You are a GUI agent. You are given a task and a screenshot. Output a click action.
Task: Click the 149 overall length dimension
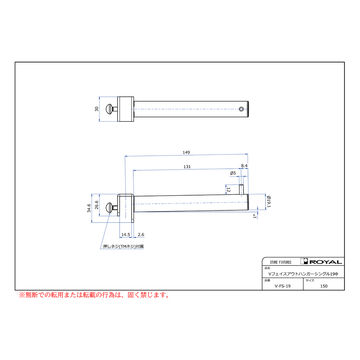click(186, 152)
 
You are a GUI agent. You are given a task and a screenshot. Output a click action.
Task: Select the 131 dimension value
click(187, 167)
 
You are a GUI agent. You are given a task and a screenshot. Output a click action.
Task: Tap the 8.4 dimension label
click(244, 166)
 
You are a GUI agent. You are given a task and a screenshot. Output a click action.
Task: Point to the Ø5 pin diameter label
click(233, 173)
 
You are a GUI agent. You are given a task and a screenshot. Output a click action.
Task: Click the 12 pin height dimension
click(228, 190)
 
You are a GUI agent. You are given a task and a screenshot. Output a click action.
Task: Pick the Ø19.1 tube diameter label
click(269, 202)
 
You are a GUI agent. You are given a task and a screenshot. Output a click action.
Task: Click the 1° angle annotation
click(255, 216)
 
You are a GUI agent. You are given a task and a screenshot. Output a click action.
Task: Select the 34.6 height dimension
click(89, 208)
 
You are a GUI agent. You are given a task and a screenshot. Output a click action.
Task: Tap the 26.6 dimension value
click(97, 205)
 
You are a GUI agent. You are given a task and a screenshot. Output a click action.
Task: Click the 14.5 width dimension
click(126, 235)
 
